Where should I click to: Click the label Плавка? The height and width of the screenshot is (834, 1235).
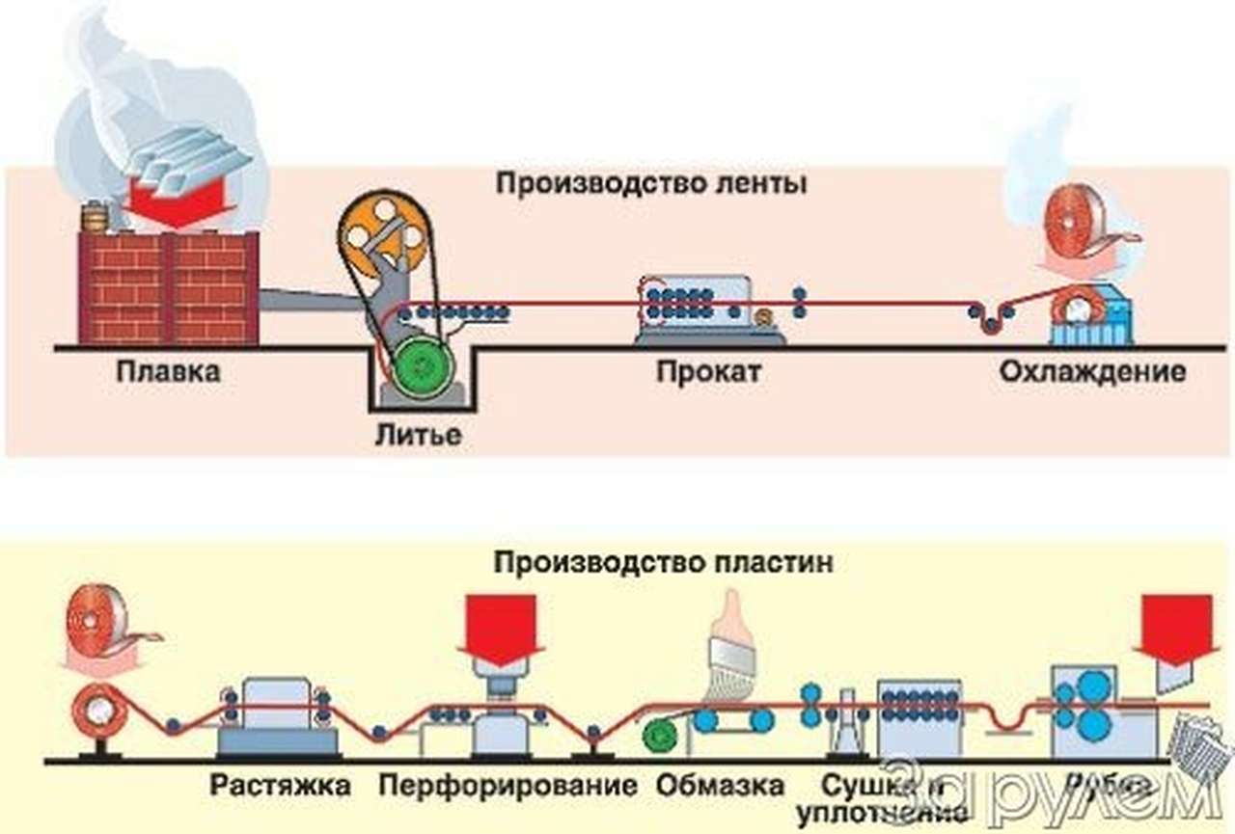click(x=168, y=372)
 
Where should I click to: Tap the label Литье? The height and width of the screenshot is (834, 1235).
click(x=418, y=434)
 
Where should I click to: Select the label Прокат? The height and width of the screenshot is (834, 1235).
click(x=707, y=372)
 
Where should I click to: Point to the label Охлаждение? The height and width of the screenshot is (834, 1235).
click(x=1092, y=372)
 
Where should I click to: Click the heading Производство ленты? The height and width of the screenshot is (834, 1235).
click(x=651, y=183)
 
